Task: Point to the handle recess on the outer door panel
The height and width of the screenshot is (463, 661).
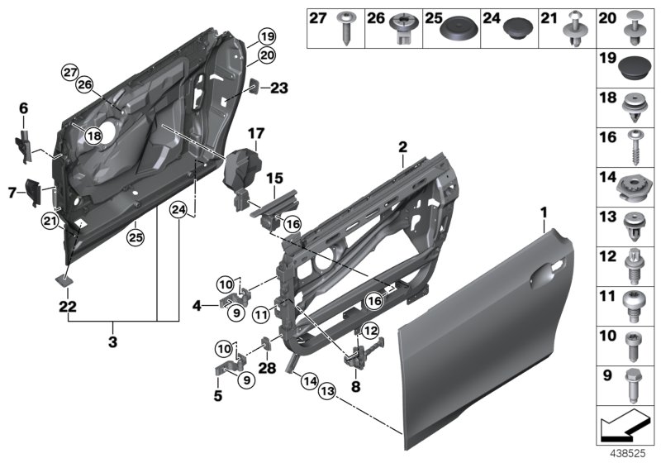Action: tap(545, 274)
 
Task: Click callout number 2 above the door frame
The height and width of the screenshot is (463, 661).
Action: tap(402, 147)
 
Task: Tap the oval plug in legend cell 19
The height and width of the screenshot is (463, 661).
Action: tap(630, 64)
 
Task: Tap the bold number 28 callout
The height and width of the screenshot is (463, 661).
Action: tap(266, 368)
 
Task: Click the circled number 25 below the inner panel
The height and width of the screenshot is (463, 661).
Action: tap(133, 238)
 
